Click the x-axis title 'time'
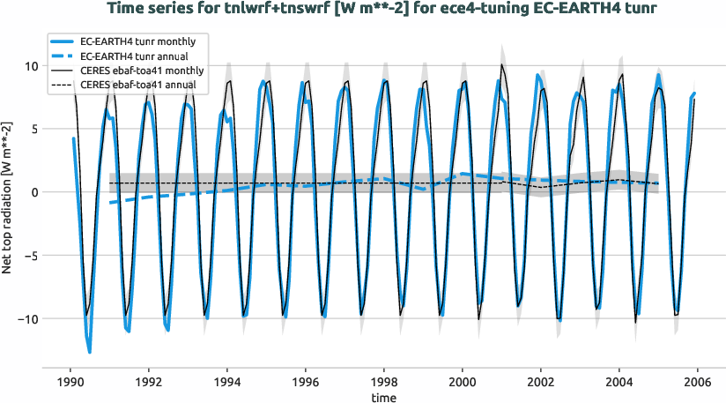pyautogui.click(x=382, y=399)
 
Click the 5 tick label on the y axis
pyautogui.click(x=32, y=129)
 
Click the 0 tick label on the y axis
pyautogui.click(x=32, y=192)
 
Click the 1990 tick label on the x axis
pyautogui.click(x=70, y=384)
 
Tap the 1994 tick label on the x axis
pyautogui.click(x=227, y=384)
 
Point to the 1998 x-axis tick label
pyautogui.click(x=384, y=384)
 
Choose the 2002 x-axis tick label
pyautogui.click(x=541, y=384)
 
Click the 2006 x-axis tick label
pyautogui.click(x=698, y=384)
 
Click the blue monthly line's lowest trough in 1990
pyautogui.click(x=90, y=353)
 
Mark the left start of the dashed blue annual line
pyautogui.click(x=110, y=203)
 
